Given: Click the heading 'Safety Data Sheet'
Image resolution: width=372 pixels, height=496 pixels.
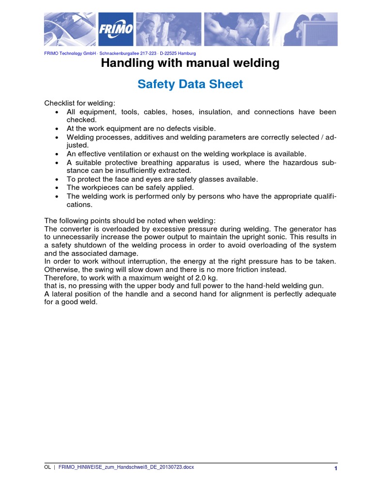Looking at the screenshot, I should (x=190, y=84).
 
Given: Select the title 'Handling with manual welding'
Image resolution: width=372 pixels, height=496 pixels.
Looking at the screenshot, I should (x=190, y=63).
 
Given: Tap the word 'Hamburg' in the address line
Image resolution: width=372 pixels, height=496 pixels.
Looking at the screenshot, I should (x=187, y=53).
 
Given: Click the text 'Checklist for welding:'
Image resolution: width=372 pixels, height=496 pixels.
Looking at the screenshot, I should (x=80, y=103).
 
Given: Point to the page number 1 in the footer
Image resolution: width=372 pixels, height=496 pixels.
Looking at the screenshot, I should (x=335, y=468).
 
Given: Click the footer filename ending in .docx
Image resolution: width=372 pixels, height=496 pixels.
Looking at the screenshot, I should (x=126, y=467).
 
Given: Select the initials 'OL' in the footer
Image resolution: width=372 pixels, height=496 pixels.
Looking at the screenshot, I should (x=47, y=467).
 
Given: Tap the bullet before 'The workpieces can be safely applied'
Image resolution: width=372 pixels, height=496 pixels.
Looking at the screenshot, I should (x=57, y=187).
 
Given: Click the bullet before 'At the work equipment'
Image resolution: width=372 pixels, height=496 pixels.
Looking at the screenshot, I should (x=57, y=128).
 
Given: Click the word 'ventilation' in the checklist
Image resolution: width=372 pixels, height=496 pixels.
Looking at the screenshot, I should (x=130, y=154).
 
